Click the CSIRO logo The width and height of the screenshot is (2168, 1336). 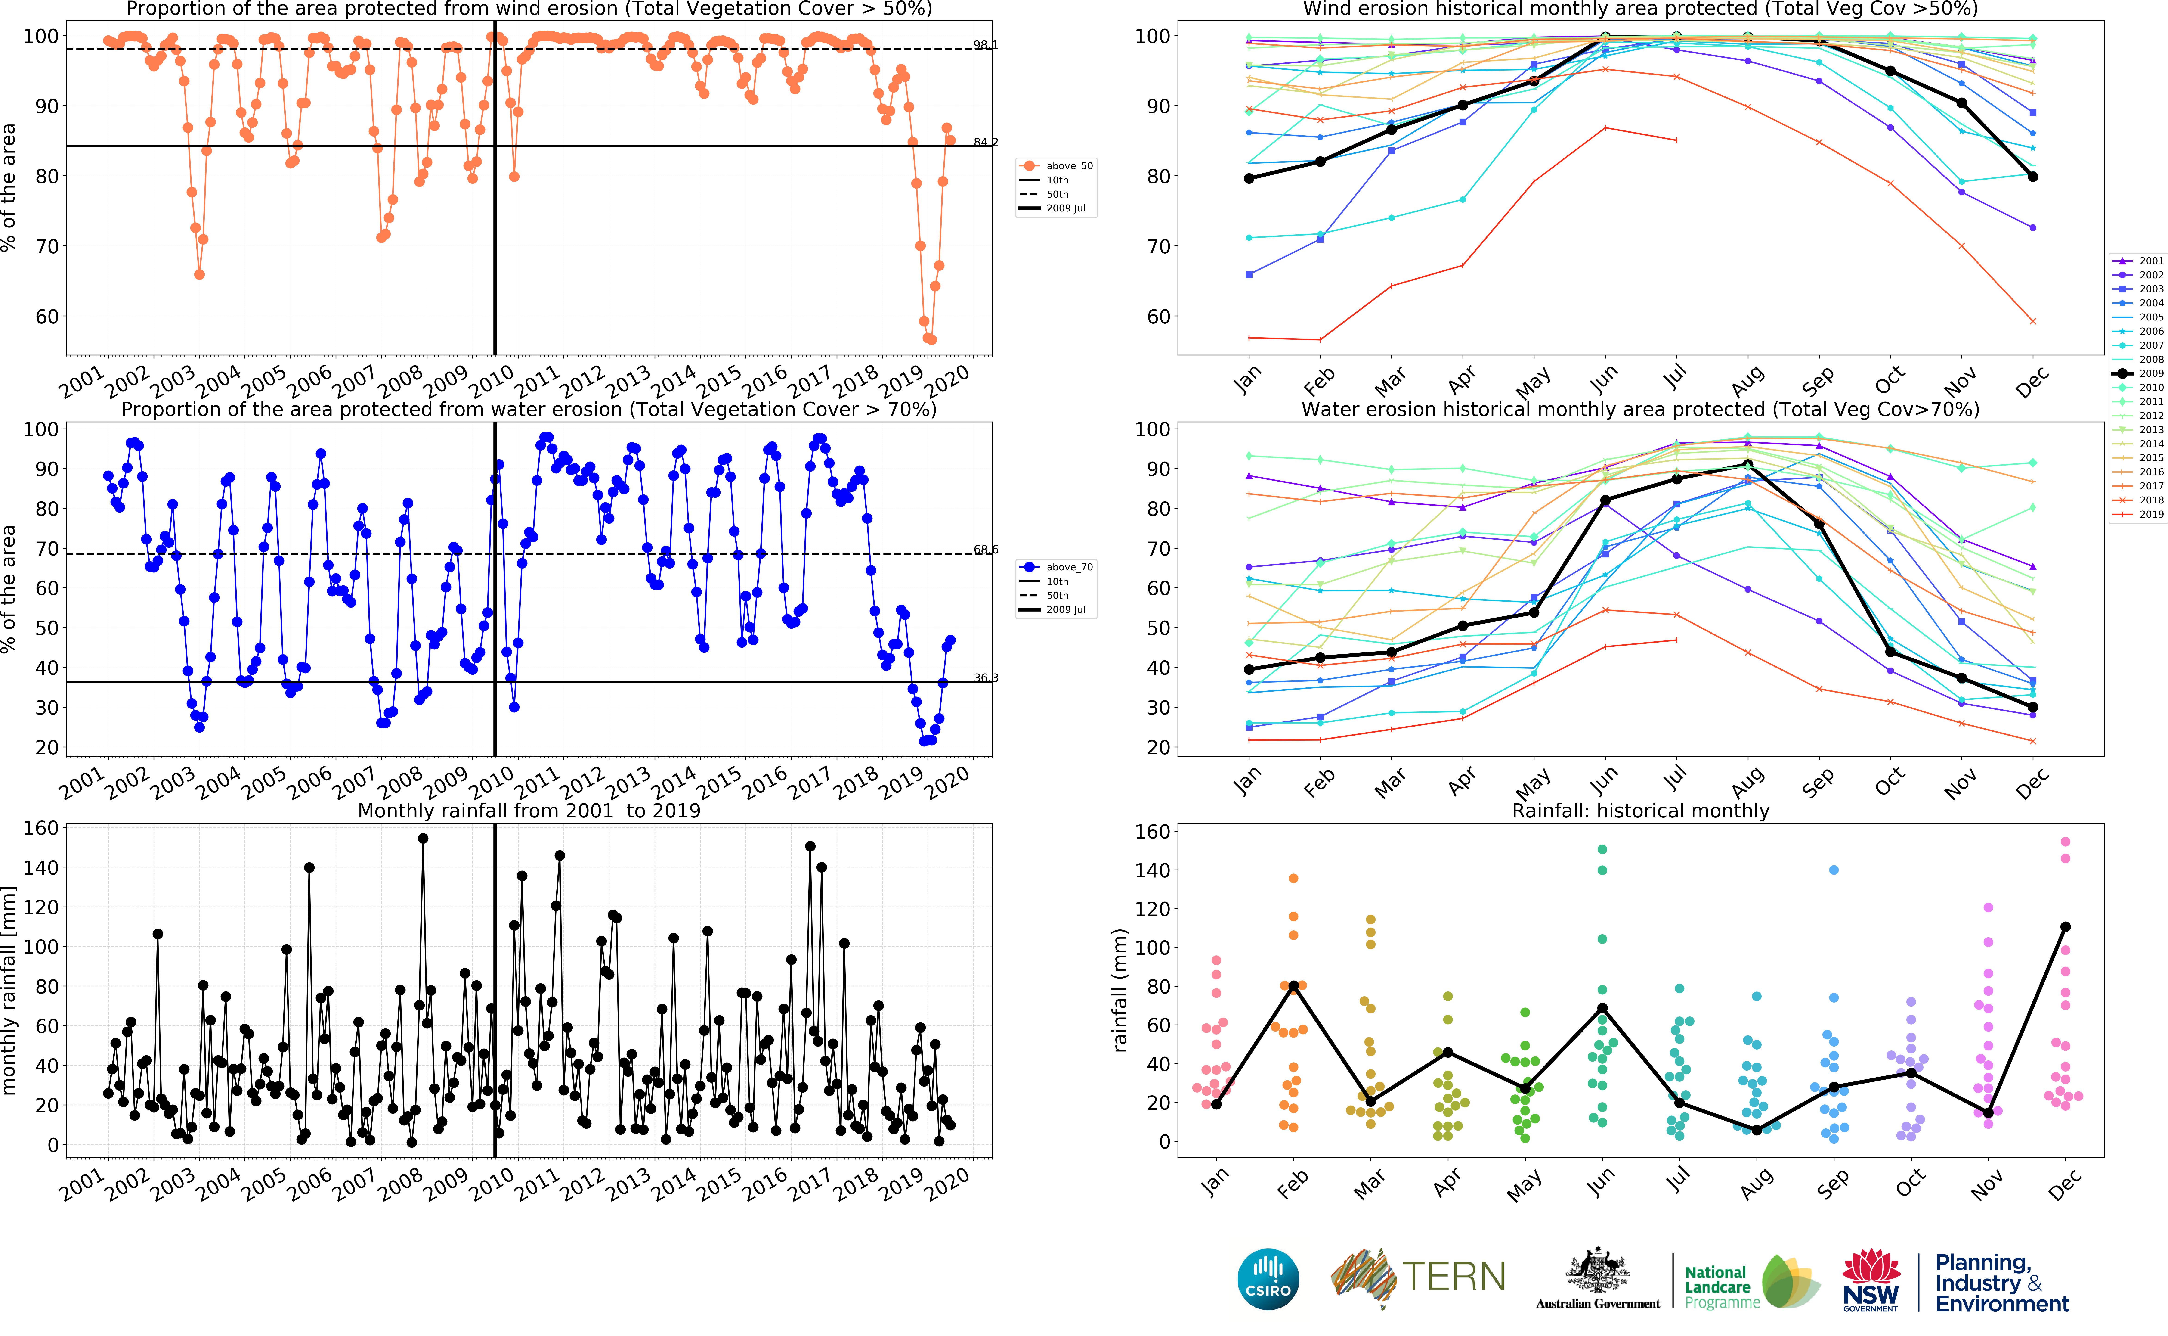(x=1268, y=1279)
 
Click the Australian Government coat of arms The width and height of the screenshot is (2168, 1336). (x=1598, y=1272)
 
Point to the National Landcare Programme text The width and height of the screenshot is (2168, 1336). (x=1720, y=1286)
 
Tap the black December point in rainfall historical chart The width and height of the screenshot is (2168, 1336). (x=2065, y=927)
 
